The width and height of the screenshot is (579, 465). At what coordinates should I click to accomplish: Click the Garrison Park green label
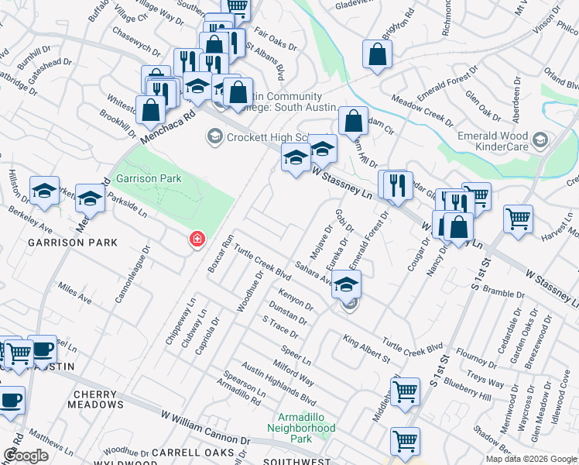point(148,178)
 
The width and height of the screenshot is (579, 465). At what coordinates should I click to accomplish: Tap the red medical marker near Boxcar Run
point(197,239)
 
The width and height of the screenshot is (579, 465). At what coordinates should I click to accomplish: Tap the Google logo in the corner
point(26,456)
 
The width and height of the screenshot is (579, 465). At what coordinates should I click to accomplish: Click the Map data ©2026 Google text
point(531,459)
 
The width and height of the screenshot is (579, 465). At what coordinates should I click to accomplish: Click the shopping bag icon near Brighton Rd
point(377,55)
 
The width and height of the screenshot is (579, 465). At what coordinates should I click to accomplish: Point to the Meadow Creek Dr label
point(422,110)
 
